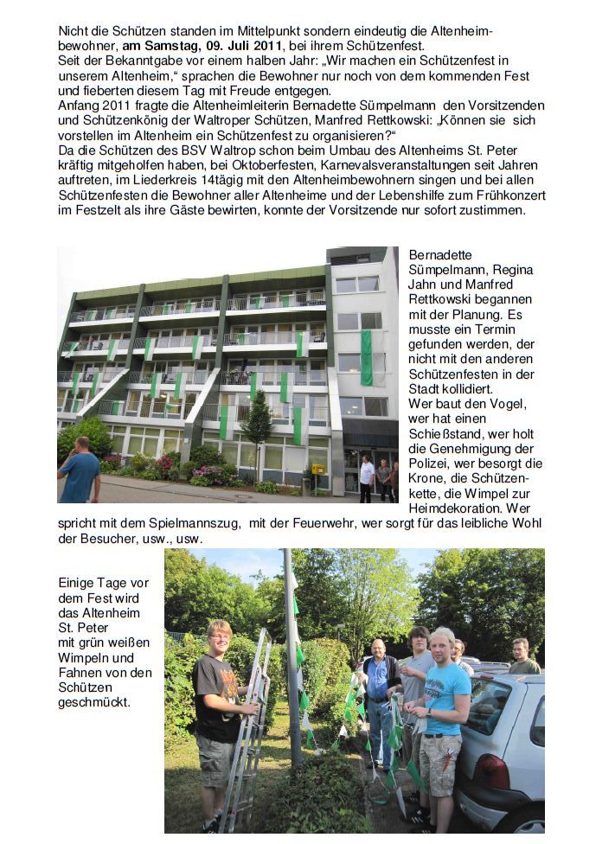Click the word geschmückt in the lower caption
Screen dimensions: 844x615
tap(94, 703)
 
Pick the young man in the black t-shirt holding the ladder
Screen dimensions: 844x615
tap(216, 700)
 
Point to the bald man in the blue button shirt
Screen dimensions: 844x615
tap(377, 692)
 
